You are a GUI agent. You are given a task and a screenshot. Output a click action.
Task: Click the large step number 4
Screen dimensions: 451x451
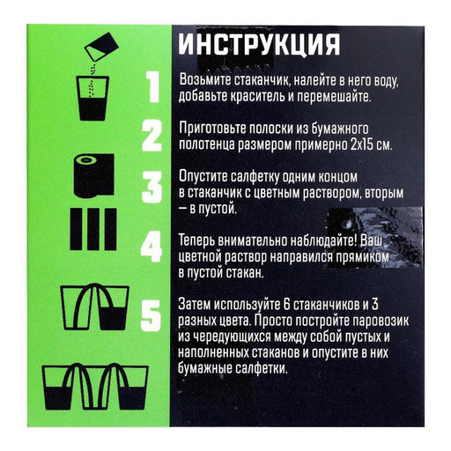click(152, 248)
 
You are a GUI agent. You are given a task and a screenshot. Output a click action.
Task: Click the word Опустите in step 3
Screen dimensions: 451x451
click(207, 175)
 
